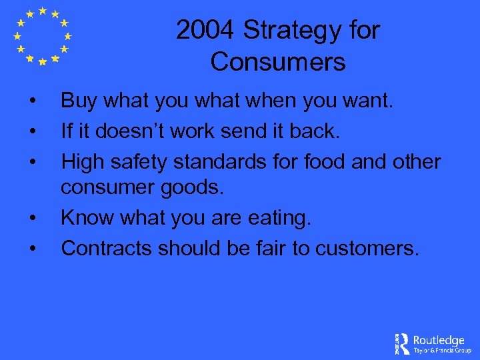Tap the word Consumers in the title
click(278, 62)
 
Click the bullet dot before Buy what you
click(32, 102)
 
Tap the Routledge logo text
click(438, 341)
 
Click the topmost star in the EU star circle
click(42, 11)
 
